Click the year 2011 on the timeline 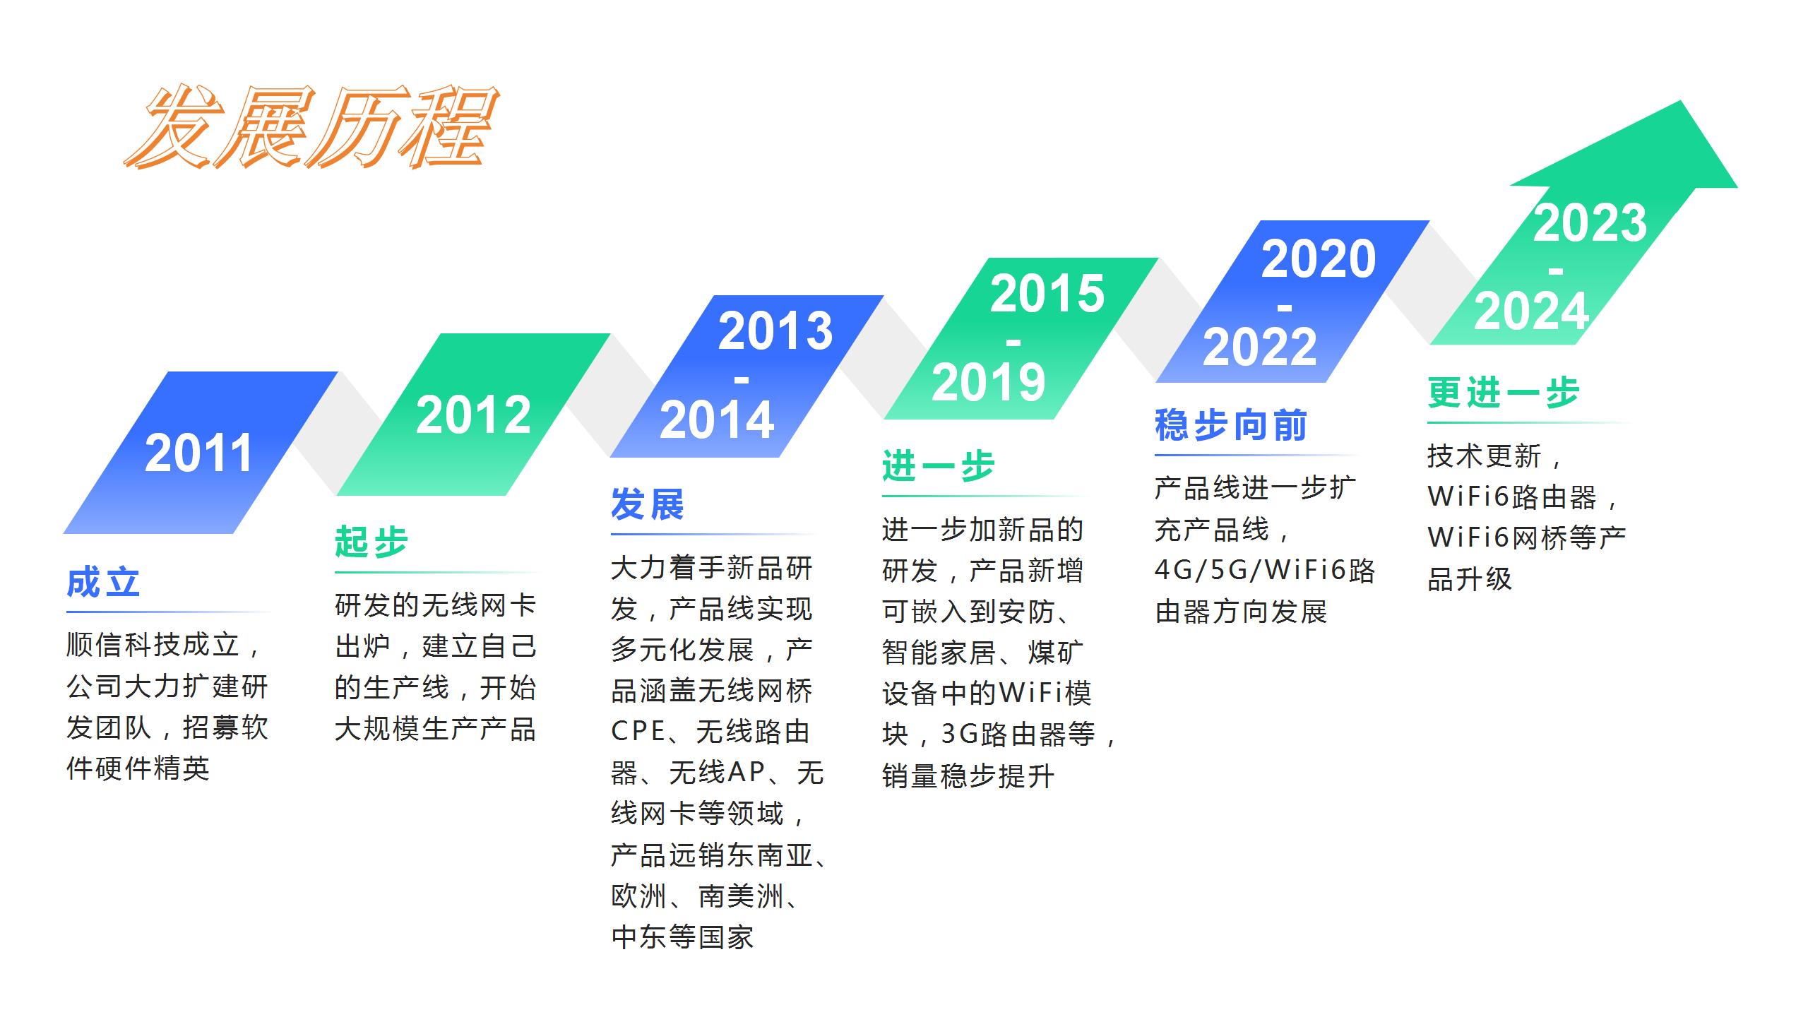pos(198,453)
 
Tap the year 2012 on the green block pos(473,415)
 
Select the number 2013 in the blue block pos(775,331)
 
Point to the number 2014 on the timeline pos(717,420)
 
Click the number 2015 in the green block pos(1047,293)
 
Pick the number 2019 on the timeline pos(989,382)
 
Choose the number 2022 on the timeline pos(1260,347)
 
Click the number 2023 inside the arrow pos(1590,222)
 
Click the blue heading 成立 pos(103,583)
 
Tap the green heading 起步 pos(371,542)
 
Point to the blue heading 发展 pos(648,504)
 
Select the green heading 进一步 pos(939,466)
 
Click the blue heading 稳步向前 pos(1231,425)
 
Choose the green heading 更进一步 pos(1504,393)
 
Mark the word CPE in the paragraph pos(638,732)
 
